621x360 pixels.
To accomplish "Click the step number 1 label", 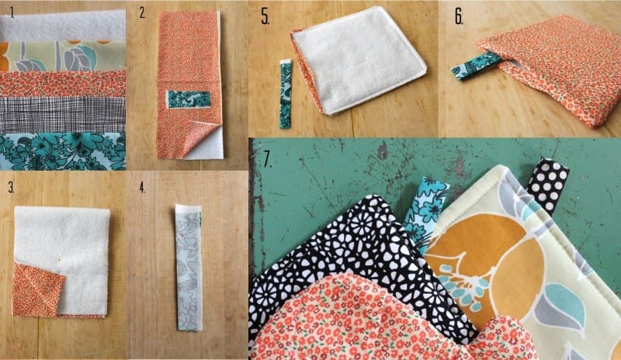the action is click(12, 13).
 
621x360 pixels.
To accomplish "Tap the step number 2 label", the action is click(143, 13).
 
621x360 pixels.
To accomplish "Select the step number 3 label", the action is click(11, 188).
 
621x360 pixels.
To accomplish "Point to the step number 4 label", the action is click(142, 188).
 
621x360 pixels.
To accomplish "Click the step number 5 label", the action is click(265, 16).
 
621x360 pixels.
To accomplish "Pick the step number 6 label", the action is click(459, 16).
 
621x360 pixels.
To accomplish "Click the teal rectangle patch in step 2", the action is click(188, 99).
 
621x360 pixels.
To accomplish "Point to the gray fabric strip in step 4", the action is click(189, 268).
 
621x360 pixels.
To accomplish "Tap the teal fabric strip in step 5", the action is click(285, 94).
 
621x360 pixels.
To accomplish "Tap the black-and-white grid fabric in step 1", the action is click(63, 115).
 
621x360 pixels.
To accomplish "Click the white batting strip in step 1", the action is click(63, 25).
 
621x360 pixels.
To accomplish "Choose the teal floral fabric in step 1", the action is click(63, 151).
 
